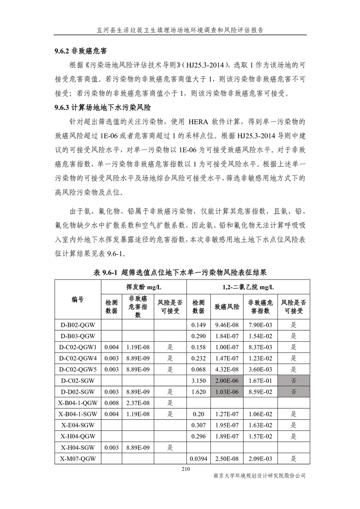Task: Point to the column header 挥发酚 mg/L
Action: click(143, 287)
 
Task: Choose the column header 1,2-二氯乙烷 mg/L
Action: click(248, 287)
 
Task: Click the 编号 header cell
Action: click(78, 299)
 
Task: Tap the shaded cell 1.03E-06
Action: click(227, 391)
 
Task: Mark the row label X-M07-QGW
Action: click(78, 459)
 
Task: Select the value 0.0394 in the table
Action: click(198, 459)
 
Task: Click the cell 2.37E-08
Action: click(138, 402)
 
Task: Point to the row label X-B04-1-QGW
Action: click(78, 402)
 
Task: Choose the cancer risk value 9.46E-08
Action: click(227, 325)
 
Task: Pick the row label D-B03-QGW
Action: click(78, 336)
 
